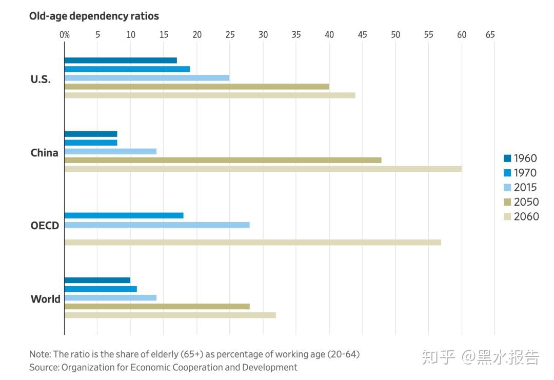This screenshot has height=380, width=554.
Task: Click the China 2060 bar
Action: pyautogui.click(x=263, y=169)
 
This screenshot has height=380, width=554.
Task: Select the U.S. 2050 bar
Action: pyautogui.click(x=196, y=87)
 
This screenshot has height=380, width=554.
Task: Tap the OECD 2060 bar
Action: pyautogui.click(x=252, y=242)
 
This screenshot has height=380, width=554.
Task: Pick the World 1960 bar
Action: pyautogui.click(x=97, y=281)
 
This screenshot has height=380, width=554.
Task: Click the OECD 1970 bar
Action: pyautogui.click(x=124, y=216)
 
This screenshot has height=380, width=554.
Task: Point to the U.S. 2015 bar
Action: pyautogui.click(x=147, y=78)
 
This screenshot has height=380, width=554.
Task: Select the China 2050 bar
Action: pyautogui.click(x=223, y=160)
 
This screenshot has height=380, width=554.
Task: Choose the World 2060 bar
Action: pyautogui.click(x=170, y=315)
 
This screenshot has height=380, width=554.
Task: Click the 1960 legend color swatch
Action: pyautogui.click(x=507, y=158)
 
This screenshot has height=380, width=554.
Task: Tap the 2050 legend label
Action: pyautogui.click(x=526, y=202)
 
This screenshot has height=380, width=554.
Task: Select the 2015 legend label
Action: pyautogui.click(x=525, y=188)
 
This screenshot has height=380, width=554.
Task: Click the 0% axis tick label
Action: pyautogui.click(x=65, y=35)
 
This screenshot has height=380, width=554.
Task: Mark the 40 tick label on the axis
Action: pyautogui.click(x=329, y=35)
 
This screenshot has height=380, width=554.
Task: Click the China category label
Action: pyautogui.click(x=45, y=153)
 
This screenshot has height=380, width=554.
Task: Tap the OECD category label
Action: pyautogui.click(x=45, y=226)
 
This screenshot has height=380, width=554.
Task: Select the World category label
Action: pyautogui.click(x=46, y=299)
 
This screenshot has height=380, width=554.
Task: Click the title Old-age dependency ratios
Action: pyautogui.click(x=94, y=16)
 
